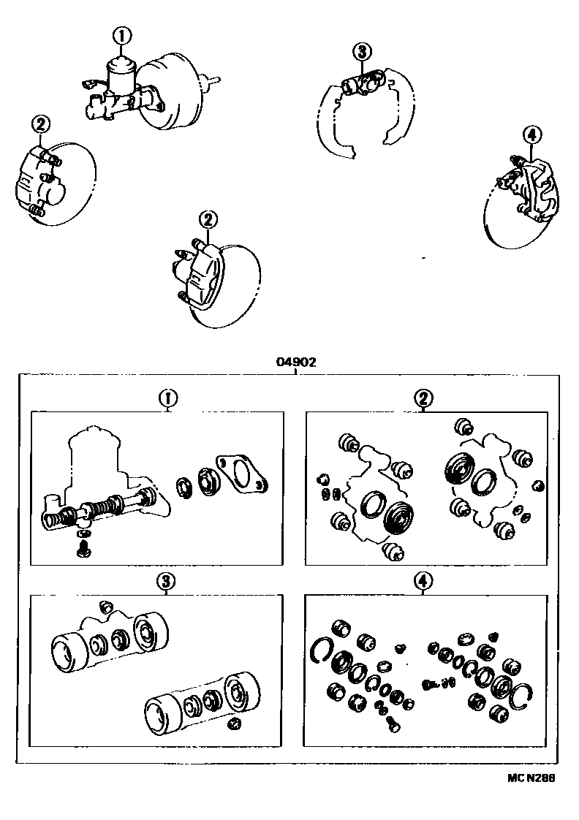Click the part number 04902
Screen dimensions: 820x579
pyautogui.click(x=295, y=362)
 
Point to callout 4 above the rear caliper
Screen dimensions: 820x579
pyautogui.click(x=532, y=134)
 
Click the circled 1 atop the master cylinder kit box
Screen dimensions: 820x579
pyautogui.click(x=169, y=398)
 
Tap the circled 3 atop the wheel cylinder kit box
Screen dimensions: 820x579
pyautogui.click(x=167, y=581)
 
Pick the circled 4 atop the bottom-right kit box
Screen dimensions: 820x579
pyautogui.click(x=422, y=581)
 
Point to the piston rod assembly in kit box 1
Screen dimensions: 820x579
pyautogui.click(x=102, y=509)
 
